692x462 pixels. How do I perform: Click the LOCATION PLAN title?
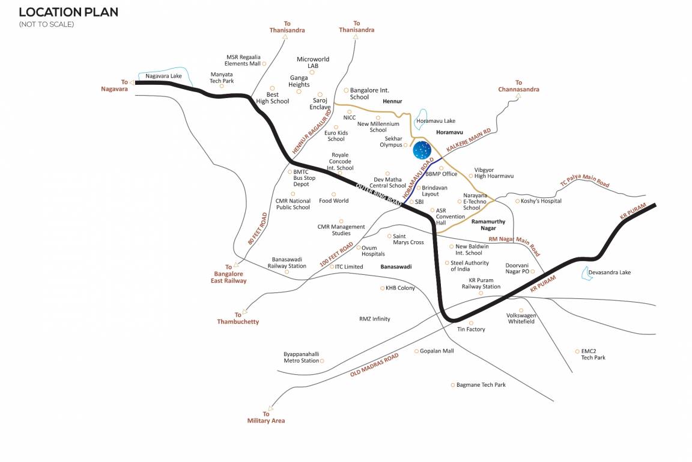point(68,12)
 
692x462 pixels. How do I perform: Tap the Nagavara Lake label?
point(163,76)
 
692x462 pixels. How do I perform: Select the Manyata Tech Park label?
point(222,78)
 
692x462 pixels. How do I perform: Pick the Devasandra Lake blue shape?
point(585,274)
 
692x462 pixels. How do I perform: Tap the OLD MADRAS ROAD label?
point(374,365)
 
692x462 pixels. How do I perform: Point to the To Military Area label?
point(266,417)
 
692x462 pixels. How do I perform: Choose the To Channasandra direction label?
point(518,86)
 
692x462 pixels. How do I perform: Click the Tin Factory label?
point(471,329)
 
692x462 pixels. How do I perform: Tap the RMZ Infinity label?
point(374,319)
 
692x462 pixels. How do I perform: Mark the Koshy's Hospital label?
point(541,201)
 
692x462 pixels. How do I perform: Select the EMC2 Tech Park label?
point(593,354)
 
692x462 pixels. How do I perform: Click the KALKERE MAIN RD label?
point(469,140)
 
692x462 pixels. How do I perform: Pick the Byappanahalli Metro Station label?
point(301,357)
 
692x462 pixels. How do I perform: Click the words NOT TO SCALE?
point(46,24)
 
